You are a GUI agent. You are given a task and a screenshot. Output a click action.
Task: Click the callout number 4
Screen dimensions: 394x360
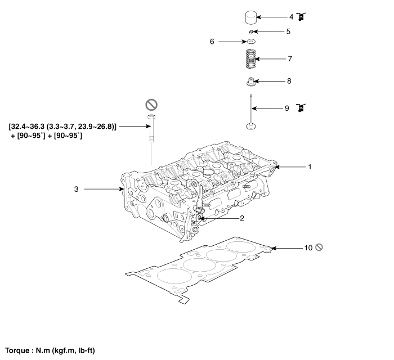point(291,17)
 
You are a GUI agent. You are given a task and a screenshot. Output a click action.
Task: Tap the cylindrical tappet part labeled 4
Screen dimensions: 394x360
point(251,17)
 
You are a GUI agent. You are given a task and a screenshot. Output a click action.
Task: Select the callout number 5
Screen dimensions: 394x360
point(288,31)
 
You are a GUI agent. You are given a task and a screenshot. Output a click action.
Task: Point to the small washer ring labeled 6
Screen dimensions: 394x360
point(251,41)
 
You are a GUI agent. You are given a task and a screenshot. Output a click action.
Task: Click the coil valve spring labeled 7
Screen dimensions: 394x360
point(251,58)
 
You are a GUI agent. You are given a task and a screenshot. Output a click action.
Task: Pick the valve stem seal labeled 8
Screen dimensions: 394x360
point(251,82)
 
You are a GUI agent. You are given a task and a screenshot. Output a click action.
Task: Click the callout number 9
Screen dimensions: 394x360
point(287,108)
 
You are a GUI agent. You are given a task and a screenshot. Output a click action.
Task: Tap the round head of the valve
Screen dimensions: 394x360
point(251,126)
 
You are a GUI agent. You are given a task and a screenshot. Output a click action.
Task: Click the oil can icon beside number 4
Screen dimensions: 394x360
point(301,17)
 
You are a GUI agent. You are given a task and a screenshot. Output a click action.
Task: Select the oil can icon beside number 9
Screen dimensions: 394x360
point(301,107)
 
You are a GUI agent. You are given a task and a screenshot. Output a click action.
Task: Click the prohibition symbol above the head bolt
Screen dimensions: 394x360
point(151,105)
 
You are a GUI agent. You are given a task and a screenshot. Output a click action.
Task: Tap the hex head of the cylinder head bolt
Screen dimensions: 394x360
point(151,117)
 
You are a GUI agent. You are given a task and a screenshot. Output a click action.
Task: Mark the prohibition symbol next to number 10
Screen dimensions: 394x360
point(319,247)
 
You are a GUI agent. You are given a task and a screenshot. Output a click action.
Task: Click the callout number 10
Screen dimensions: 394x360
point(308,248)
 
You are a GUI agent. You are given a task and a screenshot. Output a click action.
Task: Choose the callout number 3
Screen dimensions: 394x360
point(77,189)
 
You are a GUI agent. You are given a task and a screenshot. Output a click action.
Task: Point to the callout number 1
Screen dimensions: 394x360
point(310,166)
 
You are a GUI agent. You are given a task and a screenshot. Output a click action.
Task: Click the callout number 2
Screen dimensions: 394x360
point(242,218)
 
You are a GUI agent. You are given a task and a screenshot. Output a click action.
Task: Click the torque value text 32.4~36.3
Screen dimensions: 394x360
point(28,126)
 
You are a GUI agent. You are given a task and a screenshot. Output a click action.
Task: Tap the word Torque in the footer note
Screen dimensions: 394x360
point(17,350)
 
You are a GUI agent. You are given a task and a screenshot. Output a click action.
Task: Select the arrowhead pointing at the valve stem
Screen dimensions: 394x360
point(254,109)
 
